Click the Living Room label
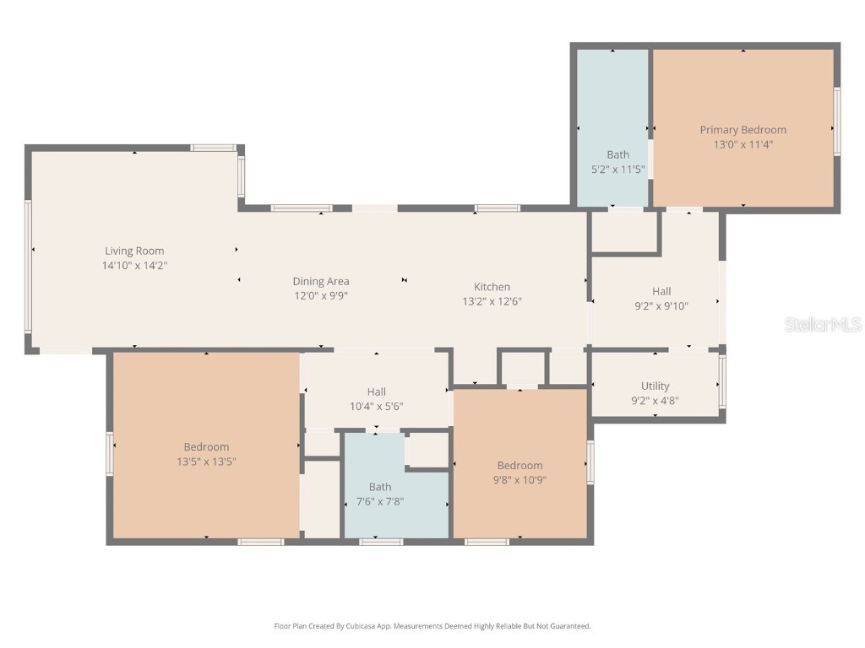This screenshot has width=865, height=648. (x=134, y=251)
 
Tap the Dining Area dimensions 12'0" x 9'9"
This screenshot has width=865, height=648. (x=321, y=295)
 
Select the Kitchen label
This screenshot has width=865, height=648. (x=492, y=287)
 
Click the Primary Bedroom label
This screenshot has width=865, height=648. (x=743, y=130)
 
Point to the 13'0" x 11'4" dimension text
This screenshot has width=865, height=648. (x=743, y=144)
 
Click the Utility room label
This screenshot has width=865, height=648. (x=655, y=386)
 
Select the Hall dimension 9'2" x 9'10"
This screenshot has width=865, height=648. (x=661, y=306)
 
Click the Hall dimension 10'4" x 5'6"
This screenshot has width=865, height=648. (x=376, y=406)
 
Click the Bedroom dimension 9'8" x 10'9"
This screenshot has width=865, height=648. (x=520, y=479)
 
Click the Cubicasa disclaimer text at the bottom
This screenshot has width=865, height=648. (x=432, y=626)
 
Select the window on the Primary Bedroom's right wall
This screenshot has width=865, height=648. (x=837, y=121)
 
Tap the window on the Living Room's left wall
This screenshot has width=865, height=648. (x=28, y=266)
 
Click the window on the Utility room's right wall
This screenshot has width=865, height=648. (x=722, y=381)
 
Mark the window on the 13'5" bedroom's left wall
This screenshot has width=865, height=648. (x=110, y=453)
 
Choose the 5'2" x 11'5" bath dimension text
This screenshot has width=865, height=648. (x=617, y=169)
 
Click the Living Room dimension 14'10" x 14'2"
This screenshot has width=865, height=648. (x=134, y=265)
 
